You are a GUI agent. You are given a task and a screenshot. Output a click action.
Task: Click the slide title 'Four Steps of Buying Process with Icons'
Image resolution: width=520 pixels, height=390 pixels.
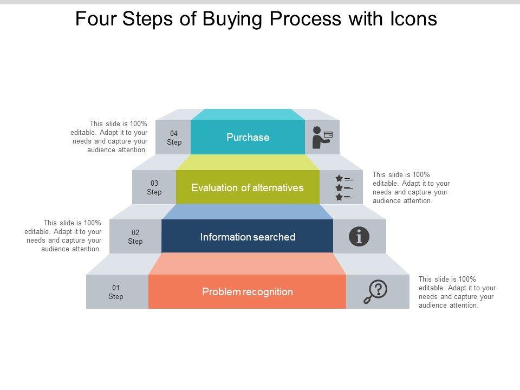[256, 19]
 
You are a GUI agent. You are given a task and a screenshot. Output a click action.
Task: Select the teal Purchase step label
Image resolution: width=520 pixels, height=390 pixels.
[248, 138]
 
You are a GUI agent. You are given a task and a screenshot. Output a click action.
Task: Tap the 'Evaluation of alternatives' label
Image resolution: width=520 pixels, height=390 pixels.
[248, 188]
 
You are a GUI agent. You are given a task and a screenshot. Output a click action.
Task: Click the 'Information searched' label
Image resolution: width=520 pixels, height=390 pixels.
[248, 237]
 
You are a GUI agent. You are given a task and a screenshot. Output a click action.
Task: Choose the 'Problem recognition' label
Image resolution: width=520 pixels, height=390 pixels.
[248, 292]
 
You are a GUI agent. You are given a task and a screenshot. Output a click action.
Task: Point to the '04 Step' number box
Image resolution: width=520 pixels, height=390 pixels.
[174, 138]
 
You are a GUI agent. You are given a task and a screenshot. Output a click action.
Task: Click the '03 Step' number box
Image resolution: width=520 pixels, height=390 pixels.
[154, 188]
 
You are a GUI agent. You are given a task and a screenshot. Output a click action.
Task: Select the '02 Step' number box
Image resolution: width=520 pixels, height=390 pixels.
[135, 237]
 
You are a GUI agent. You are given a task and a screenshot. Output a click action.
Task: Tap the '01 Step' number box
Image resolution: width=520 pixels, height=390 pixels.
[116, 292]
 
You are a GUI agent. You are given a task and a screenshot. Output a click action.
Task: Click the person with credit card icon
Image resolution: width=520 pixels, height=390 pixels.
[322, 138]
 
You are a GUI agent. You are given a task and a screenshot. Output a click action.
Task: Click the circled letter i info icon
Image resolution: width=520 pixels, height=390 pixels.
[359, 237]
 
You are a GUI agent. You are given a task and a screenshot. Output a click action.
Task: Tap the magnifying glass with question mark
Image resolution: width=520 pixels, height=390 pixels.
[375, 292]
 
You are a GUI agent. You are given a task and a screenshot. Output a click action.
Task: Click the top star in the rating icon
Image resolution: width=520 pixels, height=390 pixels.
[339, 178]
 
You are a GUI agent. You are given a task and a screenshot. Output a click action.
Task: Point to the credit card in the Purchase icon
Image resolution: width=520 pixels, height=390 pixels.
[328, 134]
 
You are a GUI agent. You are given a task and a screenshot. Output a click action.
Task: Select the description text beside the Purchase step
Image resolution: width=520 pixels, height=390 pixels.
[109, 137]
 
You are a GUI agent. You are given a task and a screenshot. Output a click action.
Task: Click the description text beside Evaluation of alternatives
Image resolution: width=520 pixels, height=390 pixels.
[411, 188]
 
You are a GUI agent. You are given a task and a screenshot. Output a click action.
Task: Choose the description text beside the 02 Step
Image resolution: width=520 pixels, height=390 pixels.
[63, 236]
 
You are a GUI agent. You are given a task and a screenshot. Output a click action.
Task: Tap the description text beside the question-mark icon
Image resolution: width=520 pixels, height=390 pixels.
[457, 292]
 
